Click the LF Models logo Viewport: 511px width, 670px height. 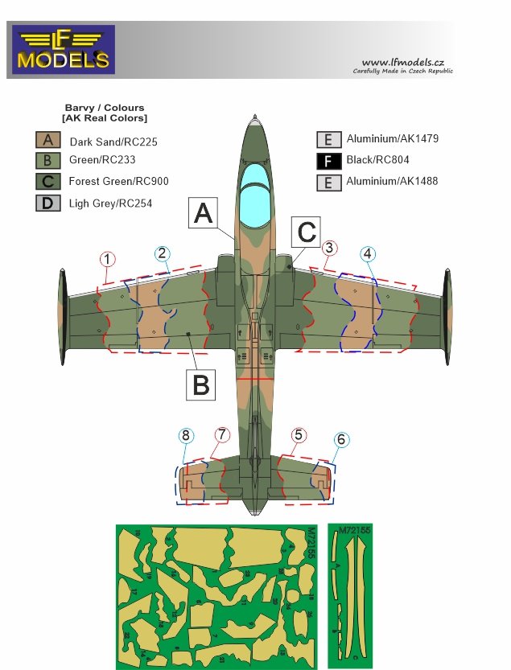tap(63, 50)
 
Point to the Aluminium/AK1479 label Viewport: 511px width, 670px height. tap(392, 139)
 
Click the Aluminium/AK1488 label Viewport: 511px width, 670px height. tap(392, 182)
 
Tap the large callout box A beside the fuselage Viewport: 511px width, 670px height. tap(204, 214)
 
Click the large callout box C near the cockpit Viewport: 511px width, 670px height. tap(306, 232)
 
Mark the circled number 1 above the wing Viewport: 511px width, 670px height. tap(109, 259)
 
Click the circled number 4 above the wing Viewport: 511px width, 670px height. tap(368, 253)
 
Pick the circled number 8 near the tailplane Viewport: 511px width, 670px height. tap(187, 436)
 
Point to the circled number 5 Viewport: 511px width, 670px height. tap(299, 435)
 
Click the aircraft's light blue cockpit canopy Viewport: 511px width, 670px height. tap(255, 183)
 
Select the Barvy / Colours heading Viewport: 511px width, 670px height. tap(105, 113)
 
